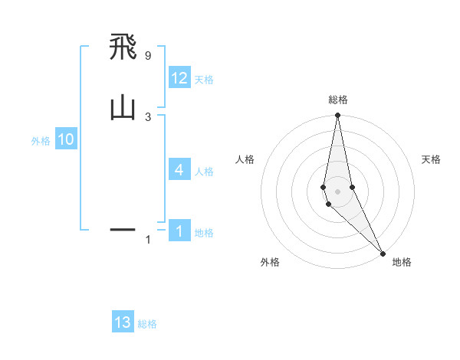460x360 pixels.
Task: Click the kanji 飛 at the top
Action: click(123, 48)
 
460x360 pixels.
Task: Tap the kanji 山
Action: click(123, 108)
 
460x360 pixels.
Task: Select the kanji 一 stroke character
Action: click(123, 229)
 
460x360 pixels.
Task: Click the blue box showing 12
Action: click(179, 78)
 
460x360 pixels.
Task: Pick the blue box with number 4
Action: click(179, 169)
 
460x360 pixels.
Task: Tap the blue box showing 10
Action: click(65, 139)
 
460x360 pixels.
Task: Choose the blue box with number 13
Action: click(123, 322)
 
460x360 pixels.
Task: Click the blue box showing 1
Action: click(179, 231)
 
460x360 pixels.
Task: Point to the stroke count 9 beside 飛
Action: click(147, 56)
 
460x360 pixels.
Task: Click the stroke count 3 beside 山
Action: click(147, 116)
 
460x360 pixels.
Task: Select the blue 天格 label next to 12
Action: click(204, 80)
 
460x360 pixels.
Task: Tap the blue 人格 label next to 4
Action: click(204, 171)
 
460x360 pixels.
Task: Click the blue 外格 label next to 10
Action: click(41, 141)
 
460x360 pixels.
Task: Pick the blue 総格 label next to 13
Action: click(147, 324)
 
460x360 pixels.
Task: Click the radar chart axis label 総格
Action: click(337, 100)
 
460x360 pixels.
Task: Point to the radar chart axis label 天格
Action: click(431, 159)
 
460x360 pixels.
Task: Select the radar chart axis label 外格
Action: click(270, 262)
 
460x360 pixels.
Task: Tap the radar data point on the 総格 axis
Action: click(337, 116)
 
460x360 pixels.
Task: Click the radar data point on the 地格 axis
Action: click(383, 253)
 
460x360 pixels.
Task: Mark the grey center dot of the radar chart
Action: click(337, 191)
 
